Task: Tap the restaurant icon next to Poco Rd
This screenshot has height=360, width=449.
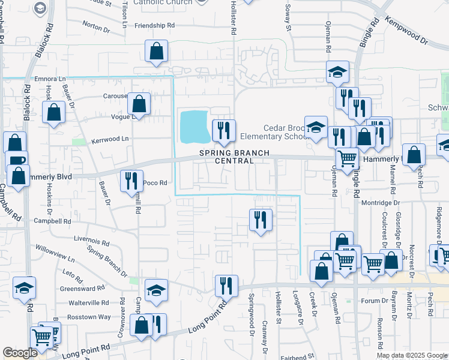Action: (x=131, y=180)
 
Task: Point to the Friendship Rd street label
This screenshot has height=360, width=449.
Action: (x=154, y=25)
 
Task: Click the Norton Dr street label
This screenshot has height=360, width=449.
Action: (x=97, y=25)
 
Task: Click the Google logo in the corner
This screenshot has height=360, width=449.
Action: (x=20, y=353)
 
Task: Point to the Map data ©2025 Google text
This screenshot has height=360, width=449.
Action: (x=411, y=355)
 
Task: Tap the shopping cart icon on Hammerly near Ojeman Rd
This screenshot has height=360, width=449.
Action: (x=347, y=158)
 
